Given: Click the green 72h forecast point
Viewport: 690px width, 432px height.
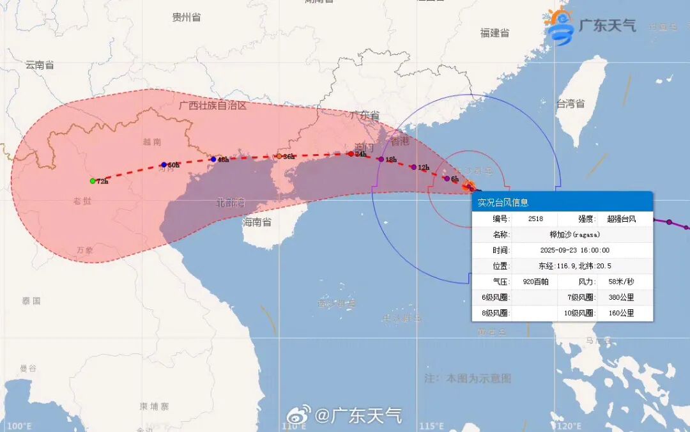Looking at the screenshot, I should [x=93, y=181].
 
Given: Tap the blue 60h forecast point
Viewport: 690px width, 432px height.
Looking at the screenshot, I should [x=164, y=165].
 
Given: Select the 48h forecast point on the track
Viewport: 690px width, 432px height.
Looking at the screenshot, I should [x=213, y=159].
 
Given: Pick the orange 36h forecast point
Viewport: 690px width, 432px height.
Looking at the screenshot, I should [x=279, y=156].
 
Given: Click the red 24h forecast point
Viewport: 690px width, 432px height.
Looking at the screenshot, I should [x=351, y=153].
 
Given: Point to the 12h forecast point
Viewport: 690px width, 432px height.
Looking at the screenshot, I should [x=413, y=167].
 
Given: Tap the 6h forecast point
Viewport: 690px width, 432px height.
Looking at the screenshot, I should [x=447, y=178].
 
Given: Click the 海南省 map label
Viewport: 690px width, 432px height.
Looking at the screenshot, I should [x=257, y=222].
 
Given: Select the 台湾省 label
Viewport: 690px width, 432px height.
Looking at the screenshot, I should [x=570, y=104].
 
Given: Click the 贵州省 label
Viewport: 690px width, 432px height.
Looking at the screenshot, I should [x=187, y=17].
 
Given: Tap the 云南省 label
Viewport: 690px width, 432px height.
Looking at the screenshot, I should [x=40, y=65].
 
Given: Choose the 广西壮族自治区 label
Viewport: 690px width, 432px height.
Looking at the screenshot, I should [x=213, y=105].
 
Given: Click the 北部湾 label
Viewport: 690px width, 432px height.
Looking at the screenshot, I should [x=231, y=203].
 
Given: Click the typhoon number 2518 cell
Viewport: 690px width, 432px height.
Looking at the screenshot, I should [x=535, y=219].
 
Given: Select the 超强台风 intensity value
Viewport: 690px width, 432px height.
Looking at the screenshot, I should [x=621, y=219].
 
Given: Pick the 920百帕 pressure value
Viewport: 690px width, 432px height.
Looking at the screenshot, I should [x=535, y=282].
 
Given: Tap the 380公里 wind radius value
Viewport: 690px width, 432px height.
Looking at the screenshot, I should [x=621, y=298].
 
